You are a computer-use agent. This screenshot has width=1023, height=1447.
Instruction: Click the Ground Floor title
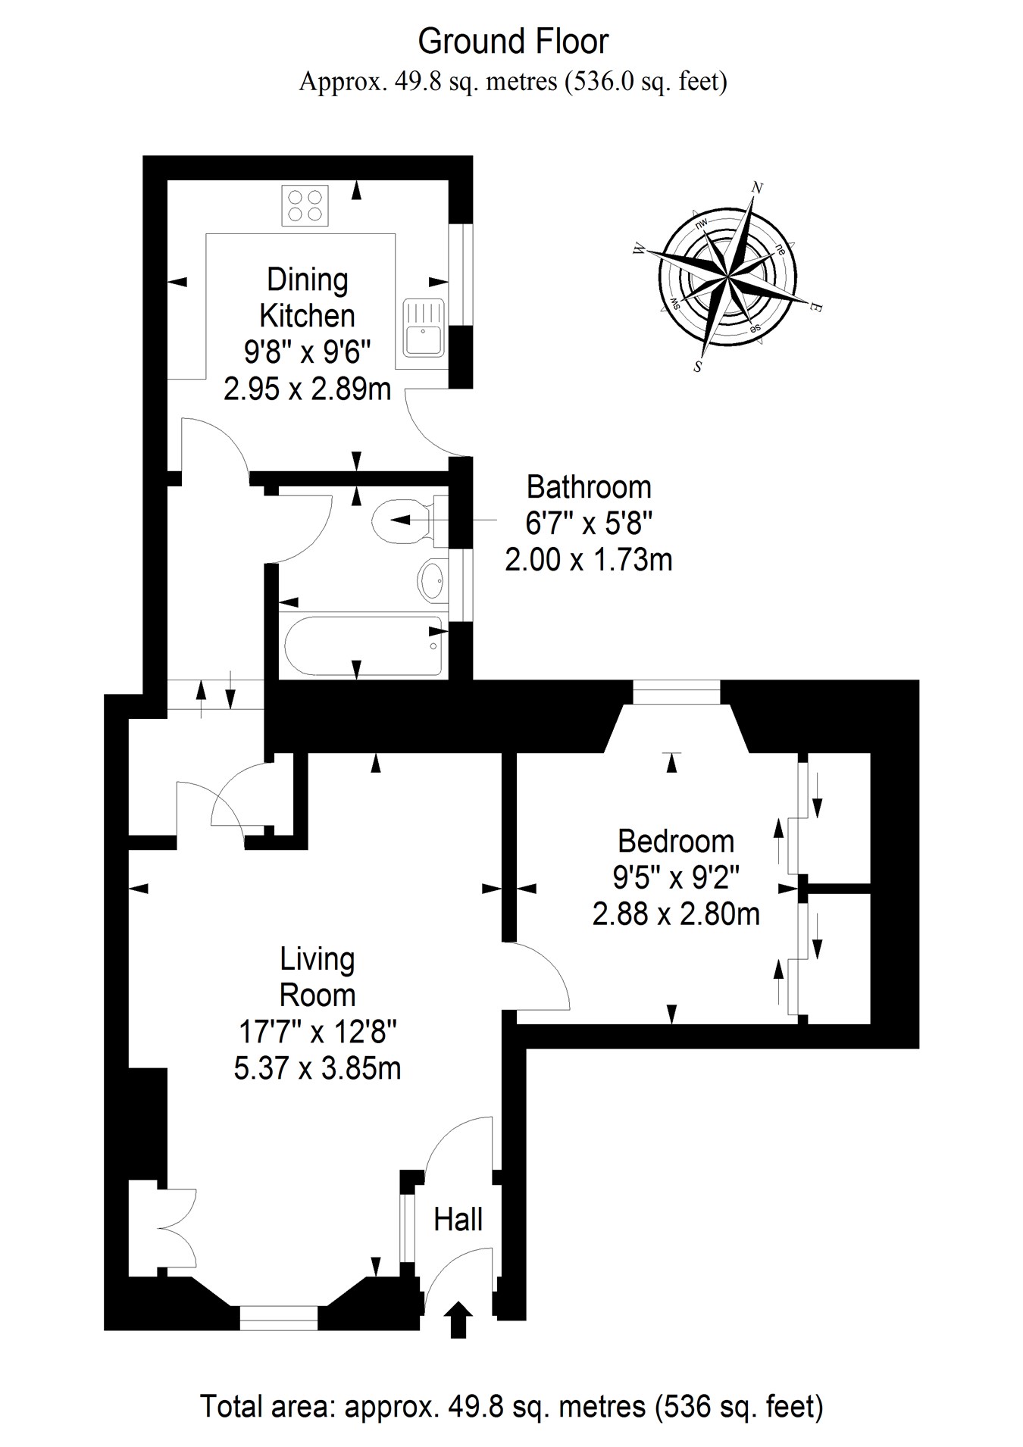coord(513,42)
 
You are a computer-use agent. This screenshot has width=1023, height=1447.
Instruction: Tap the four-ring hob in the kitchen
coord(305,205)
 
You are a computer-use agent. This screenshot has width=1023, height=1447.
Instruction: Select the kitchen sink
coord(424,327)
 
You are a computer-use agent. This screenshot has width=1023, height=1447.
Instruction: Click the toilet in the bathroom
coord(402,520)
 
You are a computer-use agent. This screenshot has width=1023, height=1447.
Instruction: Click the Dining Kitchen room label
coord(307,298)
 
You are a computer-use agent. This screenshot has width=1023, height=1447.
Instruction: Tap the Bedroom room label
coord(676,842)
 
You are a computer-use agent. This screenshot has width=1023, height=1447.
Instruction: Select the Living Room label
coord(318,977)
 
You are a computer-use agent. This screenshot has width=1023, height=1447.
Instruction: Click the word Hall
coord(458,1220)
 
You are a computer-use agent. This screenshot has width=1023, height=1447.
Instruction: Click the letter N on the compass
coord(756,187)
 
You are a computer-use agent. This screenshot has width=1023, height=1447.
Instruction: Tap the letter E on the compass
coord(816,308)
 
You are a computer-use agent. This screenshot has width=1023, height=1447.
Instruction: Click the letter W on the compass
coord(639,248)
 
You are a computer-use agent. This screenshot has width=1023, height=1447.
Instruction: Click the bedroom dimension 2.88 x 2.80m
coord(676,914)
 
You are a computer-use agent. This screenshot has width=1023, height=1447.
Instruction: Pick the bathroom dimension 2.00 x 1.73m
coord(589,560)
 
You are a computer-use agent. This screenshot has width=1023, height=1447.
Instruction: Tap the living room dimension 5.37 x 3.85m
coord(318,1068)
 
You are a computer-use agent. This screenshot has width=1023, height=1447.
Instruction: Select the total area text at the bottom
coord(511,1407)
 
